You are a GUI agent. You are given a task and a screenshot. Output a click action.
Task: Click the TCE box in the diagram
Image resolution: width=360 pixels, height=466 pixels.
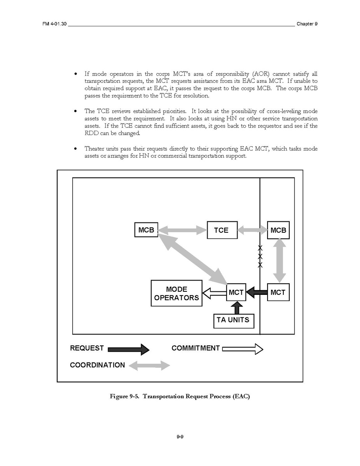tap(222, 230)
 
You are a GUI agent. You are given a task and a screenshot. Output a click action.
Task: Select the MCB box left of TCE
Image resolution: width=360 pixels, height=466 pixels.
tap(146, 230)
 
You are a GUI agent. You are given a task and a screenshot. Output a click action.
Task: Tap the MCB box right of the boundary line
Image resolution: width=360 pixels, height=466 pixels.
tap(278, 230)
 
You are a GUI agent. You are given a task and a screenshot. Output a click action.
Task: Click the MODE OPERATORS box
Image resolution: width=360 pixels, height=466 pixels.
tap(177, 294)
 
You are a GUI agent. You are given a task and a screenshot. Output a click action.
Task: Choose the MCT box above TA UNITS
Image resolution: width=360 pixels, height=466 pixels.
tap(236, 292)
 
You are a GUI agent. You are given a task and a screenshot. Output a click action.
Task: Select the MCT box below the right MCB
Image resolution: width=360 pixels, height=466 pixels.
tap(278, 292)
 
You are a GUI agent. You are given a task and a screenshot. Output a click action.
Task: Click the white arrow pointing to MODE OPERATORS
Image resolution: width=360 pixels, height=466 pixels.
tap(214, 293)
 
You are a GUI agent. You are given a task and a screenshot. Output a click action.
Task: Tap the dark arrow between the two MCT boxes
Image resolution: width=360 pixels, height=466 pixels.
tap(257, 292)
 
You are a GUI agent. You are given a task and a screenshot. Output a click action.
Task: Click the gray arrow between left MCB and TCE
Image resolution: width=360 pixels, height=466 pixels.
tap(182, 230)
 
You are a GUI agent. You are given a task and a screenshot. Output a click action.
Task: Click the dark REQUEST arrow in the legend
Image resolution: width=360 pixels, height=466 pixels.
tap(128, 349)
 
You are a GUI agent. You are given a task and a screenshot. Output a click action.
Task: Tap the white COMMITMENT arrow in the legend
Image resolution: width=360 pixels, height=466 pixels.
tap(243, 349)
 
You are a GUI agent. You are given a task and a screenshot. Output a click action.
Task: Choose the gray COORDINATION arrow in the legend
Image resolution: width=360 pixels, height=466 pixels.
tap(149, 365)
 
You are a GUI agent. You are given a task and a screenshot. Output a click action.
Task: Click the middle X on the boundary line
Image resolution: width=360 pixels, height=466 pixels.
tap(260, 256)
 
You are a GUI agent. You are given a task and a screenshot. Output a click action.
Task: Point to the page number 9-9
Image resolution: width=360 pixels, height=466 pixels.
tap(180, 437)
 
